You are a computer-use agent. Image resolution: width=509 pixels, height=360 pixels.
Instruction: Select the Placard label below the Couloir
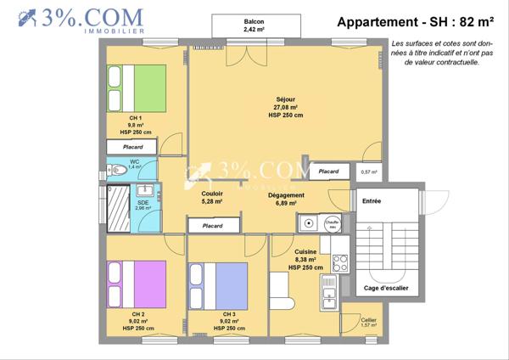213,226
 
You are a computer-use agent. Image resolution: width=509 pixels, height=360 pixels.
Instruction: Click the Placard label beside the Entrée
328,172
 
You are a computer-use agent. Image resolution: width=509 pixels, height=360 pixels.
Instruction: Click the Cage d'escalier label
386,289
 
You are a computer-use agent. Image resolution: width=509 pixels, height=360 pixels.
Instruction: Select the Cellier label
368,319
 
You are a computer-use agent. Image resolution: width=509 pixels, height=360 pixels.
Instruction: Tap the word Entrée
372,201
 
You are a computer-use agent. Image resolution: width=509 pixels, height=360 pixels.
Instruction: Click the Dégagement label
286,196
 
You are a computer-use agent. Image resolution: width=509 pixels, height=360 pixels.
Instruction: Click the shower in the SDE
118,208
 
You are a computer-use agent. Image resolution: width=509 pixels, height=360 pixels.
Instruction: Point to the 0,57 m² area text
369,172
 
